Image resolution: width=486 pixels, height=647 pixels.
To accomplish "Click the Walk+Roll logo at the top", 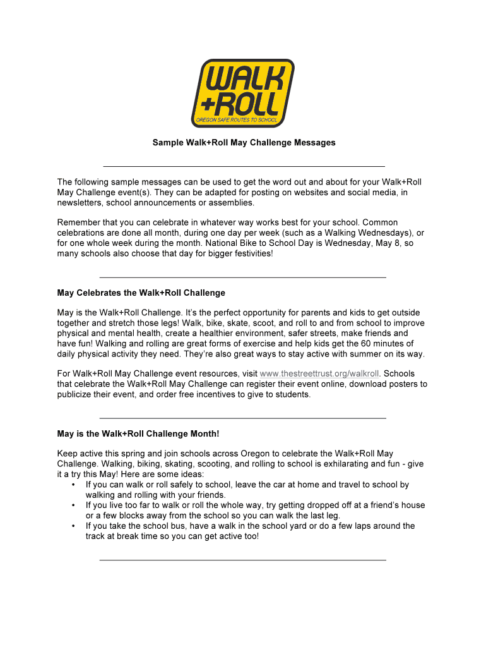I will (243, 93).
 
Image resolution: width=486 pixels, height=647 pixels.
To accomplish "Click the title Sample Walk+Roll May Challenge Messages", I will (244, 143).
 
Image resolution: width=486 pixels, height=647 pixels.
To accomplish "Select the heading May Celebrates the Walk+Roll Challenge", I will (141, 293).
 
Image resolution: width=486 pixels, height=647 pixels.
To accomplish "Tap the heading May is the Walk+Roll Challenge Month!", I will (138, 434).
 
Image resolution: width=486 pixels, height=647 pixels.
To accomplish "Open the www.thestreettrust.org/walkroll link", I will (320, 374).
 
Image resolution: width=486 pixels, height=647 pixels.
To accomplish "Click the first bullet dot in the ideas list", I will (74, 485).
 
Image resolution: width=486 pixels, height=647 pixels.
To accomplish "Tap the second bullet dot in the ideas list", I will (74, 505).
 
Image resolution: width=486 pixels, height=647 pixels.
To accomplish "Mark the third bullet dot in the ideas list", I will (74, 526).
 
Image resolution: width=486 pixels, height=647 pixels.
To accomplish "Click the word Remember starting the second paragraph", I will (78, 222).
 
